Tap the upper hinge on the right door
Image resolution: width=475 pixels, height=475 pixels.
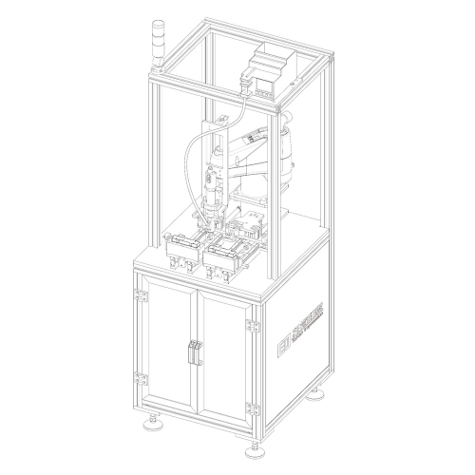pyautogui.click(x=252, y=325)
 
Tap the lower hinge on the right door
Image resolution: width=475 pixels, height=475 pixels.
pyautogui.click(x=252, y=409)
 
